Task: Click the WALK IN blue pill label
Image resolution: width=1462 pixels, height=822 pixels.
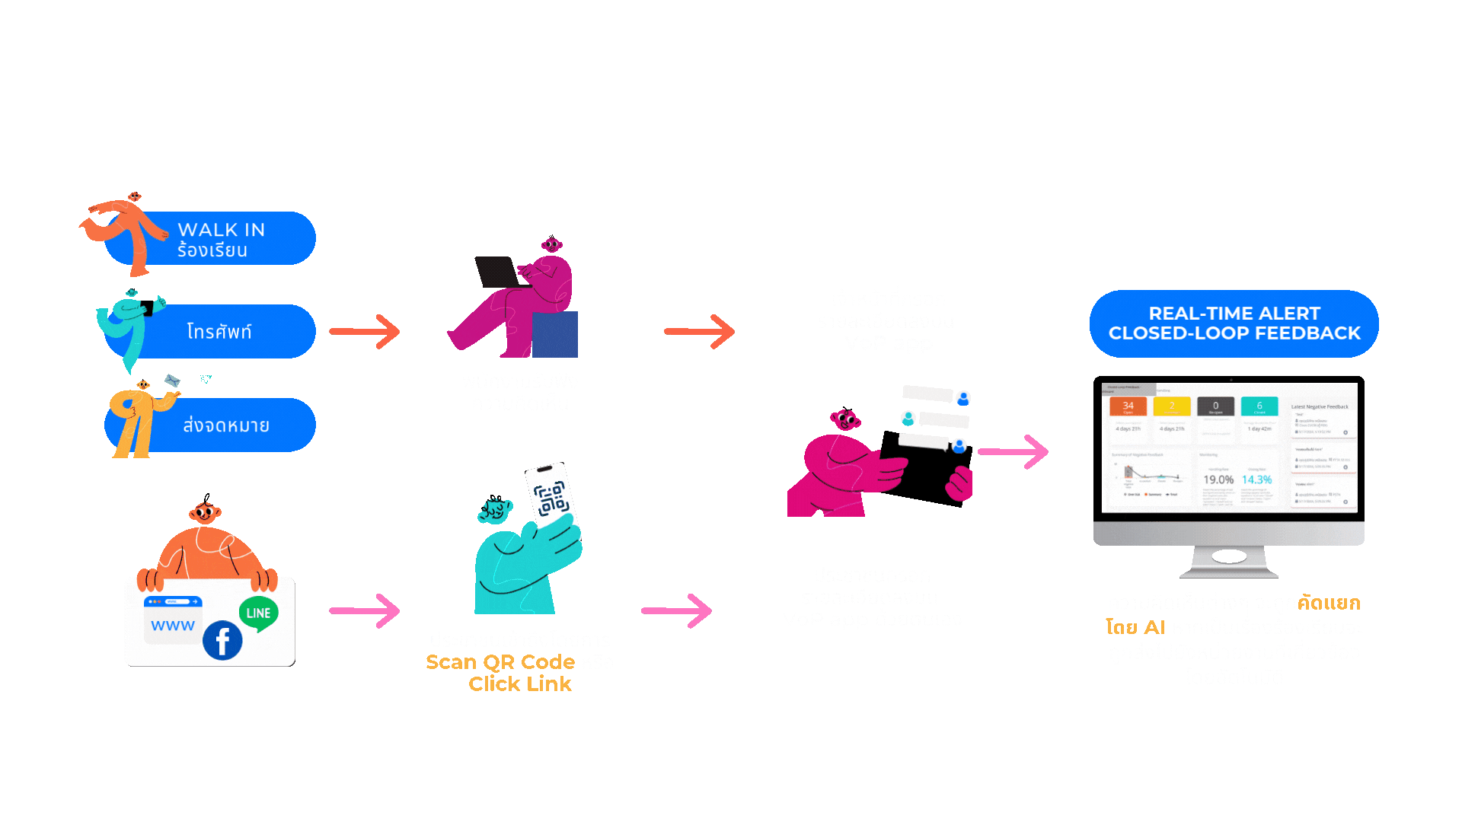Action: click(228, 239)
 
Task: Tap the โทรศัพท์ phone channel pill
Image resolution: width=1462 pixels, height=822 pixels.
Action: click(228, 332)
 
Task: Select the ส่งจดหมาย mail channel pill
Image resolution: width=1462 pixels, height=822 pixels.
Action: click(228, 425)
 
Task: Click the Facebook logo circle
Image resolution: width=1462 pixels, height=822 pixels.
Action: click(222, 641)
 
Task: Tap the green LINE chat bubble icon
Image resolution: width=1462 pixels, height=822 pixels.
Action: click(258, 613)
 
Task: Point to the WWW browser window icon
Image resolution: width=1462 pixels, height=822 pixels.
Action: click(173, 620)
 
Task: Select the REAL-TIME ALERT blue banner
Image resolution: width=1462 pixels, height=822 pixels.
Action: click(1234, 323)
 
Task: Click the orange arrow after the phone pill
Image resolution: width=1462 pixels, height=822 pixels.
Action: click(365, 332)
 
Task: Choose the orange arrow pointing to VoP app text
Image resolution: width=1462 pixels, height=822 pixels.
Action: click(699, 332)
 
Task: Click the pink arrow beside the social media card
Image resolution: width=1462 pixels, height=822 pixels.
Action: click(365, 611)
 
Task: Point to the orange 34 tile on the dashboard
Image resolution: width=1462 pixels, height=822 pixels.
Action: click(1128, 406)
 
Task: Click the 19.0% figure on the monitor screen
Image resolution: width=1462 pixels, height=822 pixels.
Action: click(1218, 479)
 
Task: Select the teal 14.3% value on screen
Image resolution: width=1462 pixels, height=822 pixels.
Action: click(1256, 479)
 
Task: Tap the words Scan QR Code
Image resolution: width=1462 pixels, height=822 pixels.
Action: click(500, 662)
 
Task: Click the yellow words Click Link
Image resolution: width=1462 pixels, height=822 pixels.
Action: click(520, 684)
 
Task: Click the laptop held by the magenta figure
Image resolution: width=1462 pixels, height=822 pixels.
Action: click(496, 271)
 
